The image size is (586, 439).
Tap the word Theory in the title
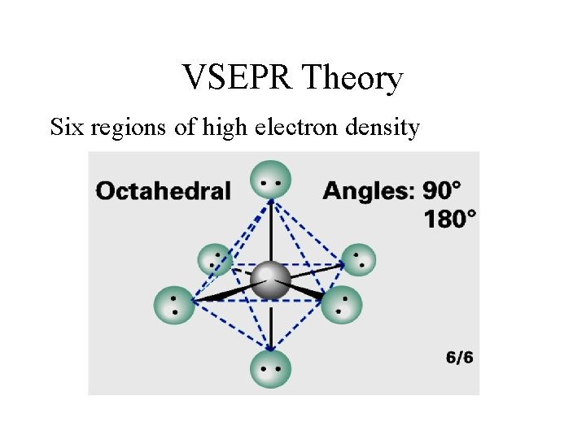pyautogui.click(x=352, y=79)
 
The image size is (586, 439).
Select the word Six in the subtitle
pyautogui.click(x=68, y=127)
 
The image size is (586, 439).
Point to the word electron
pyautogui.click(x=315, y=127)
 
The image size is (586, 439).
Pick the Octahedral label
pyautogui.click(x=164, y=191)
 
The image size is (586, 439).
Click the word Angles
pyautogui.click(x=370, y=192)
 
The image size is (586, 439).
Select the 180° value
pyautogui.click(x=450, y=219)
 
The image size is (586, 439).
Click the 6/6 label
pyautogui.click(x=460, y=356)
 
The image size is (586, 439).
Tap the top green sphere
pyautogui.click(x=270, y=180)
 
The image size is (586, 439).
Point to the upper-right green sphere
pyautogui.click(x=358, y=260)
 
